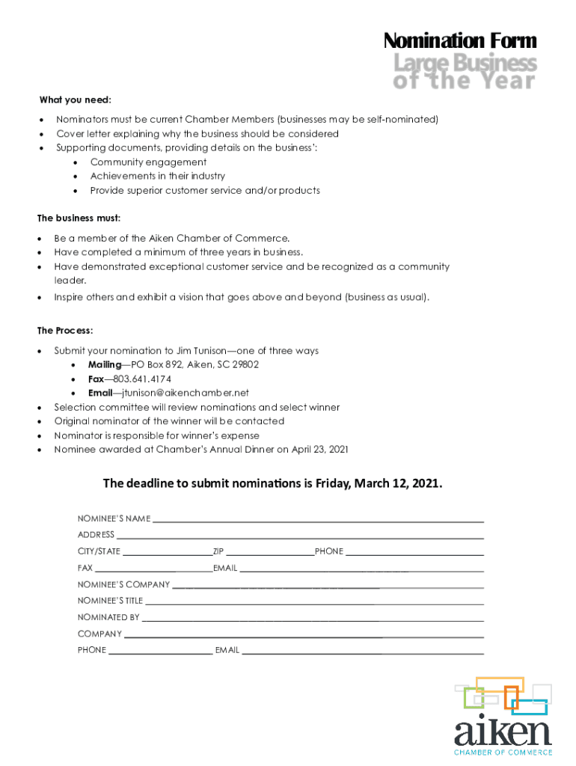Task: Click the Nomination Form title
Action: point(459,40)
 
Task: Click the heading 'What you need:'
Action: point(76,99)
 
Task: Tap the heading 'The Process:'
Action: point(65,330)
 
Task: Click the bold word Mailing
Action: point(105,364)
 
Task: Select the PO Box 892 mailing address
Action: point(195,364)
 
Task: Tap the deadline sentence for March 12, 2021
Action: point(272,483)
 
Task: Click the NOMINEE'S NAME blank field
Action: point(318,520)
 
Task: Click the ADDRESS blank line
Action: point(299,536)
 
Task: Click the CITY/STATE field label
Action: point(99,551)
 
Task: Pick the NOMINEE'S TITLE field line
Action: point(314,602)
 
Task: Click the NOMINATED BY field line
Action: point(312,619)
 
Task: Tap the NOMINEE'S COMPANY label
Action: point(123,584)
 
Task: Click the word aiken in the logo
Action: point(503,732)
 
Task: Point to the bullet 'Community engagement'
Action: point(148,162)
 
